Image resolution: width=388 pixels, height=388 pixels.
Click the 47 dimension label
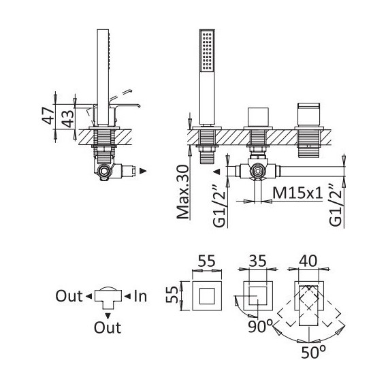click(48, 116)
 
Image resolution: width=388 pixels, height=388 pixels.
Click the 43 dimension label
click(67, 118)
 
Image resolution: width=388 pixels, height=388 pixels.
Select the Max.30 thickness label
click(183, 192)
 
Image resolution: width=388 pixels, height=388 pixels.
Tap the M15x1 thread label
click(297, 193)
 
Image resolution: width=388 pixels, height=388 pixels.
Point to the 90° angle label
click(260, 327)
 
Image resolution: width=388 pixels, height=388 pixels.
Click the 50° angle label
click(313, 352)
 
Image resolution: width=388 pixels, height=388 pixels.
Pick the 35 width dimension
click(257, 261)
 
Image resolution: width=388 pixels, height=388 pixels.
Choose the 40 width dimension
click(308, 261)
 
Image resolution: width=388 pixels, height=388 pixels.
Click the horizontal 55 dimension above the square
click(207, 261)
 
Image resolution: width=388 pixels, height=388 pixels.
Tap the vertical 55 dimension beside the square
click(172, 295)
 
